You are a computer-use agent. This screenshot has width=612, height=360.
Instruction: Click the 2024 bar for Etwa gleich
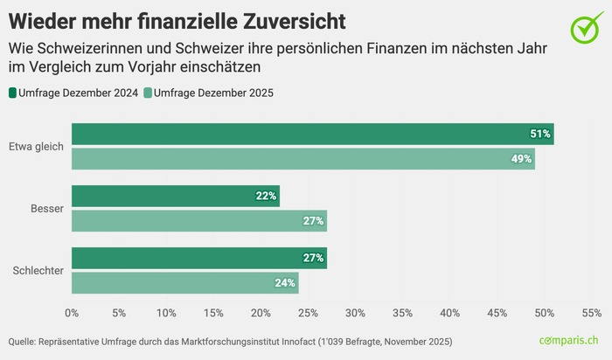click(x=312, y=134)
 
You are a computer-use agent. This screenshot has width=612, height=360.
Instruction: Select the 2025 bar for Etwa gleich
click(x=303, y=159)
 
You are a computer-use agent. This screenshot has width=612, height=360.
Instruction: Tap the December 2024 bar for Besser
click(x=175, y=196)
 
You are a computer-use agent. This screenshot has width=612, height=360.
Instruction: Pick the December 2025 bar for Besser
click(x=198, y=220)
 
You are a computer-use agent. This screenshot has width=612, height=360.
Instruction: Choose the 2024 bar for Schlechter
click(x=198, y=258)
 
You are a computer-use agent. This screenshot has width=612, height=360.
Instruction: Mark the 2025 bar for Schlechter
click(x=184, y=283)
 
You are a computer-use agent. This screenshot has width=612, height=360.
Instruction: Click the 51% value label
click(x=540, y=134)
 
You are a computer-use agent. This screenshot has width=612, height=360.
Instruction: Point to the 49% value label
click(x=521, y=159)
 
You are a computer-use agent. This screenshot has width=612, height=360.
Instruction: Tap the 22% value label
click(x=266, y=196)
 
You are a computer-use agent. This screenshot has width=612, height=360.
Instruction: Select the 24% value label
click(x=285, y=283)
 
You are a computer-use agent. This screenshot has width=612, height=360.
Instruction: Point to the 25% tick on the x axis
click(x=308, y=312)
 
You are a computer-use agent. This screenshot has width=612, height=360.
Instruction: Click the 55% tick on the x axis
click(x=591, y=312)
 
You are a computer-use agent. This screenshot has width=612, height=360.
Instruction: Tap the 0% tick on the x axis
click(x=72, y=312)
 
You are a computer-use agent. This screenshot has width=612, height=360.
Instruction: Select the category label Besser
click(x=47, y=208)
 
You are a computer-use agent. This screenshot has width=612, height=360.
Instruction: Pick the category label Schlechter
click(x=37, y=271)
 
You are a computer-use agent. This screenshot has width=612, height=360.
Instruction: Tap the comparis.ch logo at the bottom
click(x=568, y=340)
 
